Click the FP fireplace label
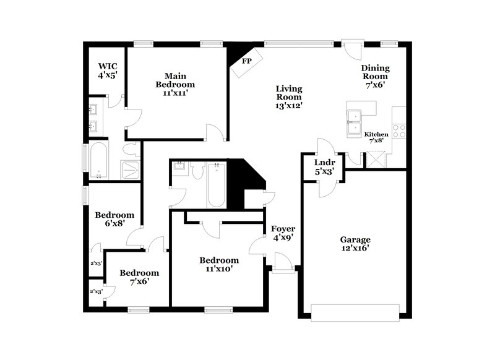point(247,61)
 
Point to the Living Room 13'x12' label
point(288,96)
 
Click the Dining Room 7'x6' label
point(375,76)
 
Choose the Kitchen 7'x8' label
point(376,137)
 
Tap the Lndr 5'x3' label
point(321,168)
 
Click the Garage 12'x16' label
point(355,244)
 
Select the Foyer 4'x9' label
point(283,233)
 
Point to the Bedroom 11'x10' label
point(219,264)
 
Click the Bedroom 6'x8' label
point(114,220)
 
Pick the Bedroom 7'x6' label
point(139,276)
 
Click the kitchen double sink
point(356,123)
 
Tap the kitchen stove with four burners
point(399,131)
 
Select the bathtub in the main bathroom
point(100,160)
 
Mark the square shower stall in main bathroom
point(131,169)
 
